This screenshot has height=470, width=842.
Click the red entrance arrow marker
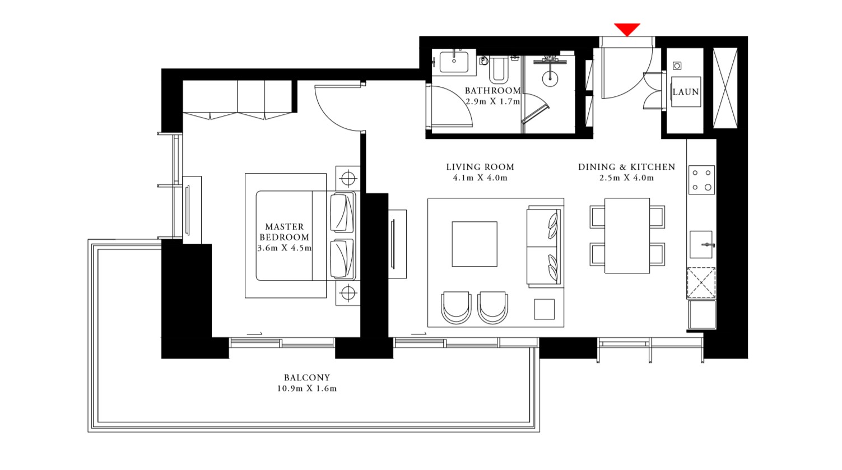click(x=627, y=29)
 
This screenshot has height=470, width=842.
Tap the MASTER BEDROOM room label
click(x=284, y=232)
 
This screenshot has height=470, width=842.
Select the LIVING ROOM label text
click(x=480, y=167)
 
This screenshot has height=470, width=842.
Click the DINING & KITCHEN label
click(x=626, y=167)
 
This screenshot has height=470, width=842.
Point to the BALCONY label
click(x=306, y=378)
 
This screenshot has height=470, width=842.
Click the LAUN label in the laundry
click(x=686, y=92)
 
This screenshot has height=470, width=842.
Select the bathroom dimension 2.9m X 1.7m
click(x=492, y=102)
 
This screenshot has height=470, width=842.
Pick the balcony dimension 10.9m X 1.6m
click(x=306, y=389)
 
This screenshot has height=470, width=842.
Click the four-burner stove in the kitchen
click(x=701, y=180)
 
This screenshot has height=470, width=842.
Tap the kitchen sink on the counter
click(x=701, y=245)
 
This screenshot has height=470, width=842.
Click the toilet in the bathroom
click(x=497, y=69)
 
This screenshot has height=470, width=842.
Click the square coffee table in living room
click(x=475, y=244)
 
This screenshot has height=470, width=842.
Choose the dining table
click(x=627, y=235)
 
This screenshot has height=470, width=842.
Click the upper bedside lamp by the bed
click(x=348, y=179)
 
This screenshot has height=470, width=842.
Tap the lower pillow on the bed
click(x=342, y=258)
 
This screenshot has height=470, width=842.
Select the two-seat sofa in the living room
click(x=543, y=246)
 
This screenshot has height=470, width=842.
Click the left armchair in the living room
click(x=455, y=307)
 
